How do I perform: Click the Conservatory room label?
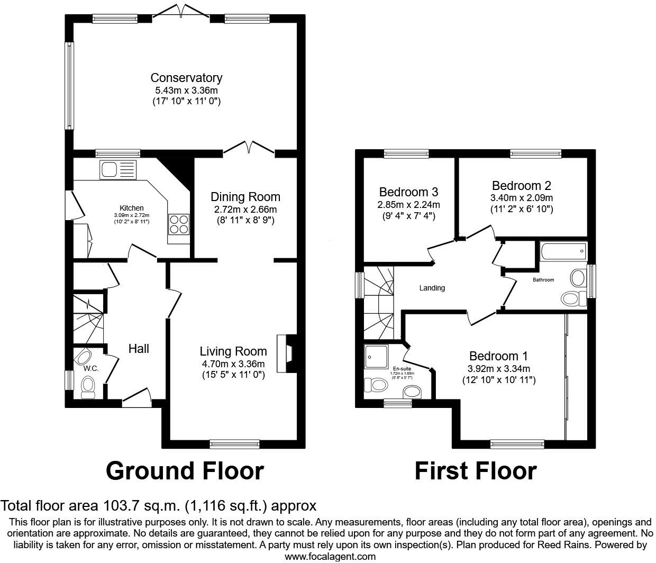click(x=186, y=78)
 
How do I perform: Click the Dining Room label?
click(x=245, y=197)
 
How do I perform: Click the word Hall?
click(x=139, y=348)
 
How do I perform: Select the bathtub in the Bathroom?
click(x=563, y=251)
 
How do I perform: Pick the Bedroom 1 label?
click(x=498, y=356)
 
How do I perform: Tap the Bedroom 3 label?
click(x=408, y=192)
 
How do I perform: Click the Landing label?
click(x=432, y=288)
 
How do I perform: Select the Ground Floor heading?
click(x=185, y=470)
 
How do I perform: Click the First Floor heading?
click(x=475, y=470)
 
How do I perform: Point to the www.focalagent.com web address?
click(x=330, y=556)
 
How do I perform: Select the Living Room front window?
click(x=234, y=444)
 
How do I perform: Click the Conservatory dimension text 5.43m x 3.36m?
click(x=186, y=90)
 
